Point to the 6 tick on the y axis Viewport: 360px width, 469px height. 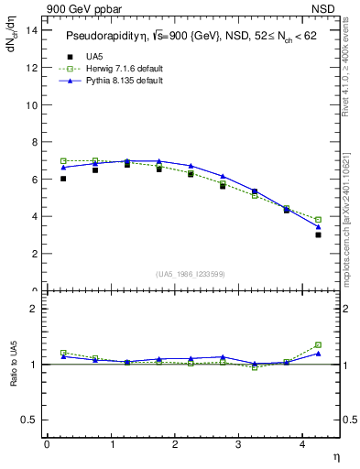coord(34,180)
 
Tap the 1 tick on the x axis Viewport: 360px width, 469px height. coord(111,444)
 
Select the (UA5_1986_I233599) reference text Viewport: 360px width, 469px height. coord(190,274)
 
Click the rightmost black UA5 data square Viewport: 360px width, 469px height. coord(319,234)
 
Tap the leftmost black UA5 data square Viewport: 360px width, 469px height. coord(63,179)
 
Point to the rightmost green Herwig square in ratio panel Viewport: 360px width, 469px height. coord(319,344)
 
